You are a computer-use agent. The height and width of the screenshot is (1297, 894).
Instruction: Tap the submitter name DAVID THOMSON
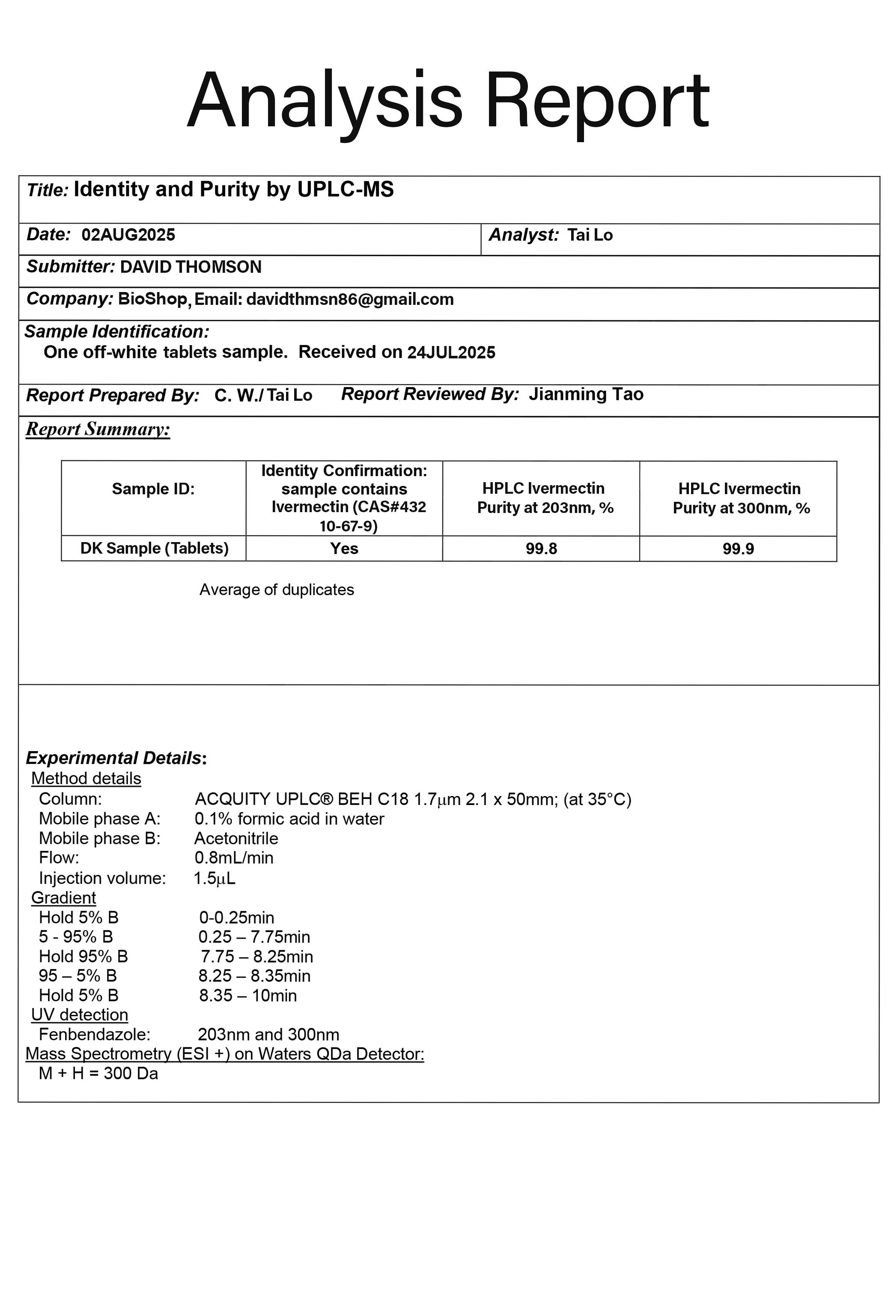191,267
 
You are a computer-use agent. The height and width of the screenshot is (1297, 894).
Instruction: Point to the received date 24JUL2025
451,352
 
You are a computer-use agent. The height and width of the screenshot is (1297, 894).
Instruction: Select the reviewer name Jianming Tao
586,394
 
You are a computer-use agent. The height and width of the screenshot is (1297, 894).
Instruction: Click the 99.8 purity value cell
541,549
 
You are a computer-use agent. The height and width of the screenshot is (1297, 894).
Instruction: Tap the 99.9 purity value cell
738,549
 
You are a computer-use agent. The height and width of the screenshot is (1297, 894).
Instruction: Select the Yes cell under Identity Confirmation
344,549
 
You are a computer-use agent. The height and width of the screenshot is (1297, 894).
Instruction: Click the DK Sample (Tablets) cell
154,548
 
